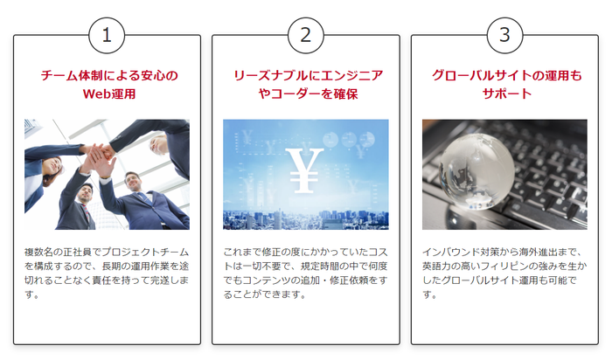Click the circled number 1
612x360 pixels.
coord(107,35)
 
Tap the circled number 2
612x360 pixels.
coord(306,35)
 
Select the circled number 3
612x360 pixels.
coord(504,35)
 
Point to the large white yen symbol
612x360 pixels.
coord(304,170)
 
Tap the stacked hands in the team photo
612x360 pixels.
coord(99,155)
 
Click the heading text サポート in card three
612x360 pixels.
coord(506,94)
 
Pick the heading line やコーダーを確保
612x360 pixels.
coord(308,94)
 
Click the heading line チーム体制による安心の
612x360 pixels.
coord(109,75)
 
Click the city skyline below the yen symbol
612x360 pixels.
coord(306,219)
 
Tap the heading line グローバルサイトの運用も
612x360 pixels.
coord(506,75)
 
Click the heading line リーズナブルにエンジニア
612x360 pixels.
coord(309,75)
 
